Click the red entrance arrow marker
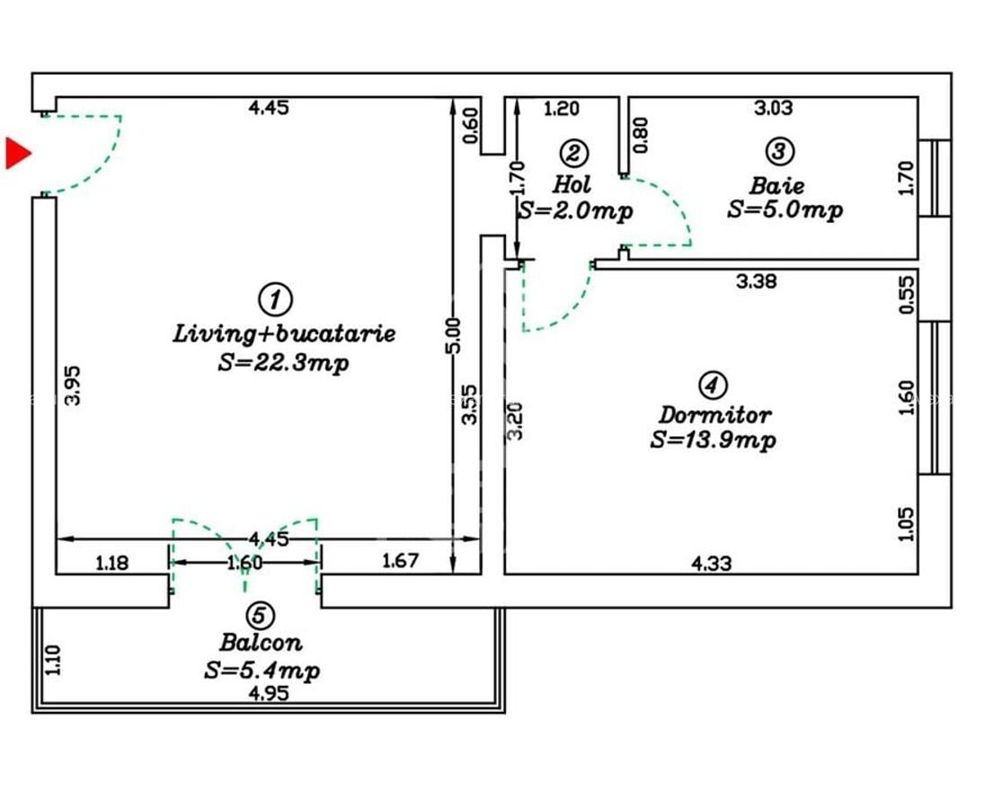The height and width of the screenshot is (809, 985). point(17,153)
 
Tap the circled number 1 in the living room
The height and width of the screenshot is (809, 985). point(275,298)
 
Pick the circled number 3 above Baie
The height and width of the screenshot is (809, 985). point(778,150)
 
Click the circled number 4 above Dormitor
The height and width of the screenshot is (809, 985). point(712,386)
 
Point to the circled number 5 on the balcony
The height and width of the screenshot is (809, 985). point(260,615)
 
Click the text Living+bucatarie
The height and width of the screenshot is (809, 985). point(284,333)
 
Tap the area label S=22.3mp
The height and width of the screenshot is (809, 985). point(284,363)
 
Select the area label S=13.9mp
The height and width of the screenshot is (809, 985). point(714,440)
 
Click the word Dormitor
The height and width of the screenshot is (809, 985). point(714,415)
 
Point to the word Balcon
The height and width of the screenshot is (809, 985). point(261,643)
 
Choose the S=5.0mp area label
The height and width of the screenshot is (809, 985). point(785,210)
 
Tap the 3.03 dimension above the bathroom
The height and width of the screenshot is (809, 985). point(773,109)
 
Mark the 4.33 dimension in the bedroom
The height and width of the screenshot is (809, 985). point(711,564)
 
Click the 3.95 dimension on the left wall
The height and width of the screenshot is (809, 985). point(75,384)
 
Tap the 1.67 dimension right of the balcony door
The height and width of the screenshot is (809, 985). point(400,562)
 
